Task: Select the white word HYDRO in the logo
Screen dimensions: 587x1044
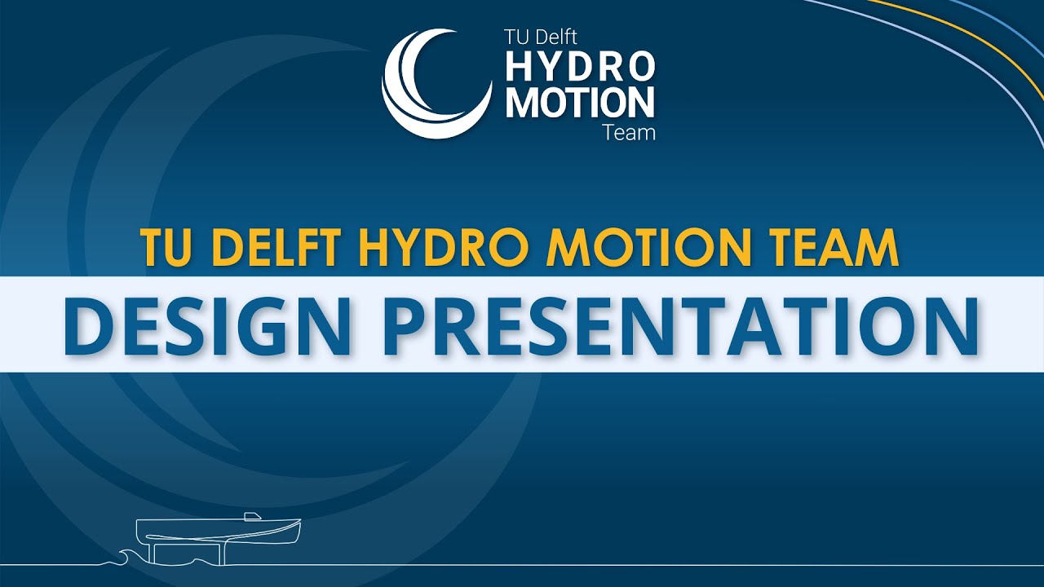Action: (580, 67)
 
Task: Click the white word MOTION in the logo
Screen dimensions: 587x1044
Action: (580, 103)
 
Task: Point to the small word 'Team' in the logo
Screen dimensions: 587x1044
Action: (629, 132)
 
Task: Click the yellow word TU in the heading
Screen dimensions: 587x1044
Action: (163, 248)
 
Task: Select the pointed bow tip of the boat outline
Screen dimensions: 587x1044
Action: (299, 522)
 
